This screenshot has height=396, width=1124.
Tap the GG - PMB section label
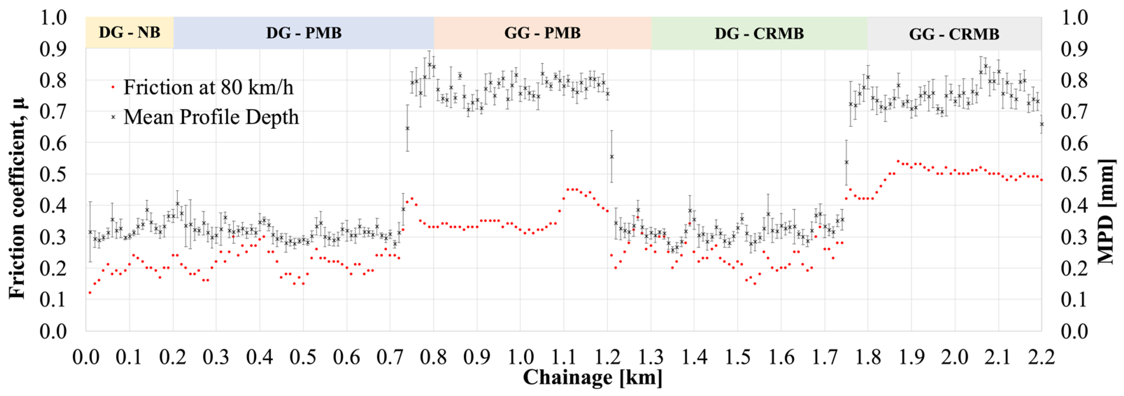coord(542,33)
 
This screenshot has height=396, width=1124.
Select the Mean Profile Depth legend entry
coord(211,117)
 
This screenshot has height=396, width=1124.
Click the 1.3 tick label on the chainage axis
coord(651,357)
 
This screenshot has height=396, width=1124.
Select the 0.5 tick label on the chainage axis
coord(303,357)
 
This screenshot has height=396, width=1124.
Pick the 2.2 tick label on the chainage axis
coord(1041,357)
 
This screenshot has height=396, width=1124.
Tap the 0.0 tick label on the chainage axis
coord(86,357)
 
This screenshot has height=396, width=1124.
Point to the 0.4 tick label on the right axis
coord(1074,205)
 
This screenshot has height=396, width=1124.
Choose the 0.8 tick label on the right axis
coord(1074,80)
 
